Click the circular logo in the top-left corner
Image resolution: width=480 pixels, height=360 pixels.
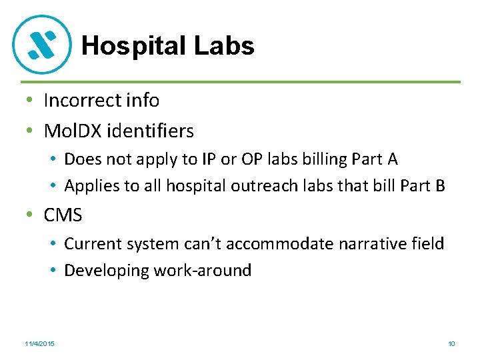(x=42, y=45)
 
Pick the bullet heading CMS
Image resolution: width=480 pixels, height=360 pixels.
(x=63, y=215)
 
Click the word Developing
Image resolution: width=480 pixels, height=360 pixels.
(x=107, y=271)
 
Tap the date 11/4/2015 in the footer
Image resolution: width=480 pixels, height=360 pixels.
(x=39, y=343)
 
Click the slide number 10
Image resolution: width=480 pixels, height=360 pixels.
(x=451, y=343)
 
